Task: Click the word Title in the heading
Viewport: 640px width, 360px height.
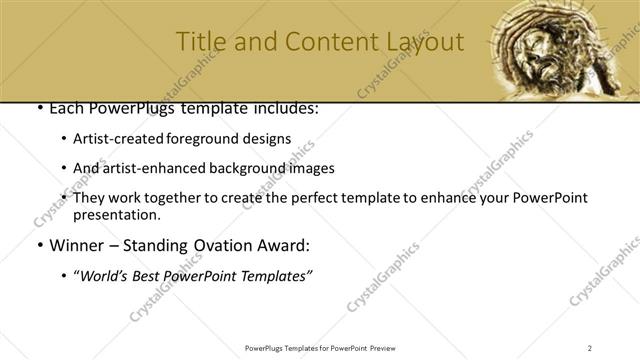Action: point(200,42)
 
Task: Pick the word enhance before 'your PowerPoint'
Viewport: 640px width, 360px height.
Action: point(434,198)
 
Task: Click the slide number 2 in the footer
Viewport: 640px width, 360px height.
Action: point(590,347)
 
